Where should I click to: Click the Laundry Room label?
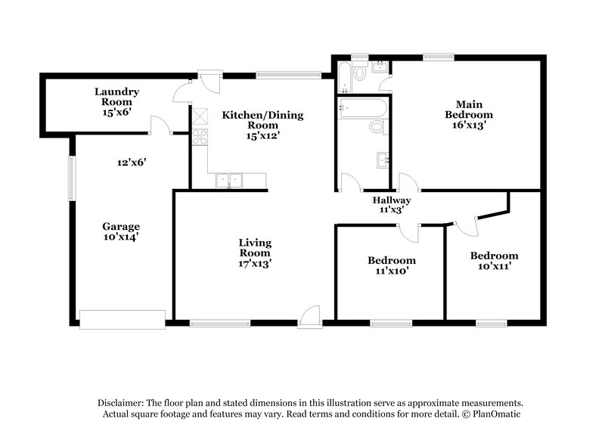(x=116, y=101)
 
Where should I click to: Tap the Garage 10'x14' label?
(x=121, y=231)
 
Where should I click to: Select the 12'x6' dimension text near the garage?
(x=131, y=161)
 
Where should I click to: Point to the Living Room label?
(x=255, y=253)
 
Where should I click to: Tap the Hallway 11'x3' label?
(x=391, y=205)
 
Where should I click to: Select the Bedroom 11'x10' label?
(x=391, y=265)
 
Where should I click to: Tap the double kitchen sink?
(x=228, y=180)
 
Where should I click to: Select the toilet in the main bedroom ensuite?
(x=360, y=73)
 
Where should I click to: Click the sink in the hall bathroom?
(x=382, y=160)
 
